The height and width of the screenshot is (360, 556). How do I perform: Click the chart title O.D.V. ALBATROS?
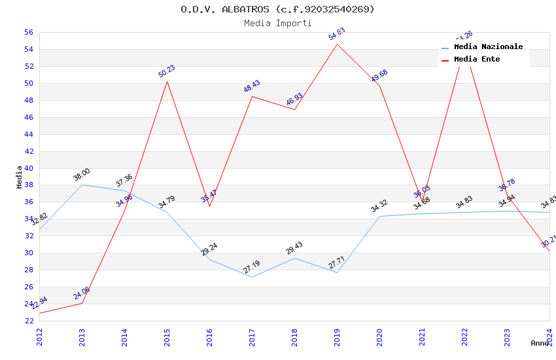coord(277,9)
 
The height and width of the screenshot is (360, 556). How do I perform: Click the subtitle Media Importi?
coord(277,23)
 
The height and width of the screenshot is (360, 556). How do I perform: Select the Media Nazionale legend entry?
coord(488,47)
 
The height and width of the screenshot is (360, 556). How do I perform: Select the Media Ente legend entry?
coord(477,60)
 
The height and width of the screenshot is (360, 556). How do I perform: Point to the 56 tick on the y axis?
coord(29,32)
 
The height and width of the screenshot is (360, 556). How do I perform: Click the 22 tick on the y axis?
coord(29,321)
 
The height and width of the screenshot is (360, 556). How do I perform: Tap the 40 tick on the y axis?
coord(29,168)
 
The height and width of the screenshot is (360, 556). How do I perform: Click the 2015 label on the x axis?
coord(167,337)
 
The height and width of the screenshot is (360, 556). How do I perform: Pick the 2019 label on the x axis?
coord(337,337)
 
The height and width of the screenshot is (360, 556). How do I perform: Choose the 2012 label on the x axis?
coord(39,337)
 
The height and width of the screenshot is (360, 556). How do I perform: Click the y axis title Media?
coord(19,177)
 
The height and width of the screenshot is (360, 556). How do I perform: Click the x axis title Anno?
coord(540,343)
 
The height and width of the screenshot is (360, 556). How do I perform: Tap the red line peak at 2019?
coord(337,44)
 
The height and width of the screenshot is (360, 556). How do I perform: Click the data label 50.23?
coord(167,71)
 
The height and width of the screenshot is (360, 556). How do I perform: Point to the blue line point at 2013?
coord(82,185)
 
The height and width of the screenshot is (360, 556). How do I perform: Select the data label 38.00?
coord(82,175)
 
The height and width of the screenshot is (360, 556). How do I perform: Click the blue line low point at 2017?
coord(252,277)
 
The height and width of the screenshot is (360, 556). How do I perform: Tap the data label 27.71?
coord(337,262)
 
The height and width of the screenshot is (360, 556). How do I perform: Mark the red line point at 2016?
coord(209,206)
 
